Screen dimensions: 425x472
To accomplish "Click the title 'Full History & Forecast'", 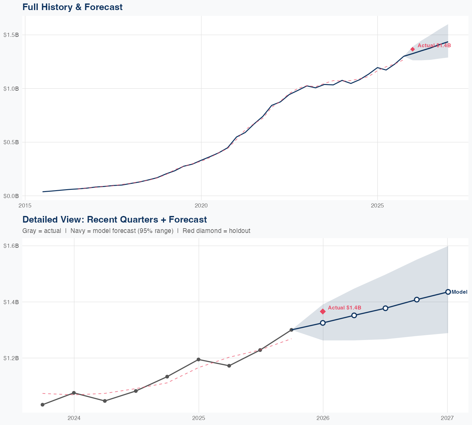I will pos(72,7).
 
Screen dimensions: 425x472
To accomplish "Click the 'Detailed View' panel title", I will pos(115,219).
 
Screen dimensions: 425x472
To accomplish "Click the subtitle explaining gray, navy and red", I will pos(136,231).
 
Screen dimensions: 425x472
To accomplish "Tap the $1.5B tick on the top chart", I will pos(11,35).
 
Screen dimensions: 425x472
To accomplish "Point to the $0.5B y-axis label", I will pos(11,142).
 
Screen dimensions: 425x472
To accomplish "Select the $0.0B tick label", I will pos(11,196).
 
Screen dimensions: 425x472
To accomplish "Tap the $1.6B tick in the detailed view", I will pos(11,246).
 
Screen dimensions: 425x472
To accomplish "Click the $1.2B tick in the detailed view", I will pos(11,358).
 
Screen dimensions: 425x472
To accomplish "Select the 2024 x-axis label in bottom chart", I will pos(74,418).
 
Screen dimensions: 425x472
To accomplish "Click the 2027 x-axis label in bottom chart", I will pos(447,418).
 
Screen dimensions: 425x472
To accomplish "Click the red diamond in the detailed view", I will pos(323,311).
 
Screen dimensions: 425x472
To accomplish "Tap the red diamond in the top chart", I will pos(413,49).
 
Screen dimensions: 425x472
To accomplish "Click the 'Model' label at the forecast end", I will pos(459,292).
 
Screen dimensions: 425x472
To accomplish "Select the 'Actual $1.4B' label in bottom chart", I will pos(345,308).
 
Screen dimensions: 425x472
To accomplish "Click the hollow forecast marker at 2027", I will pos(448,292).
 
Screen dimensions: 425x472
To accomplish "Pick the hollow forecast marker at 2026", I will pos(323,323).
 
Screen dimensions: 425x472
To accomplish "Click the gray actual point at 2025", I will pos(199,360).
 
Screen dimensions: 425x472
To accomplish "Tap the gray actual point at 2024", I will pos(74,393).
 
